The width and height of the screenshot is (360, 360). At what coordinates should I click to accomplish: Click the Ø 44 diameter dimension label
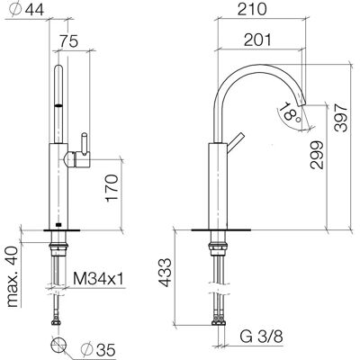pos(26,9)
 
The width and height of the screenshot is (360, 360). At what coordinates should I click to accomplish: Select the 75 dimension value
pos(68,41)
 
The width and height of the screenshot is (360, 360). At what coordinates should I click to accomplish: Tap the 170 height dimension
pos(112,188)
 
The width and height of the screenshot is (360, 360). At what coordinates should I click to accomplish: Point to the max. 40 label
pos(13,277)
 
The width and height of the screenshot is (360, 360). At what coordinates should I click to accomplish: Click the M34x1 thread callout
pos(98,279)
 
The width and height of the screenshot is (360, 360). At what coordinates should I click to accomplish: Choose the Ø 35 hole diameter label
pos(98,349)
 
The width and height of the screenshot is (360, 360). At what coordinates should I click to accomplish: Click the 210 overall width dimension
pos(252,9)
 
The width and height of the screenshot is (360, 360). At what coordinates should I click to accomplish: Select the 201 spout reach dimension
pos(257,40)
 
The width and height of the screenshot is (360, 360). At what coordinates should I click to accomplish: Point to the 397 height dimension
pos(340,117)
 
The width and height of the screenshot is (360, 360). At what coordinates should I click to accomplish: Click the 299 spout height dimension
pos(317,155)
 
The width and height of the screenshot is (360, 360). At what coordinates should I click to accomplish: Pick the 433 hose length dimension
pos(165,273)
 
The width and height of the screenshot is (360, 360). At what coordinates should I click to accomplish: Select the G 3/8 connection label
pos(261,337)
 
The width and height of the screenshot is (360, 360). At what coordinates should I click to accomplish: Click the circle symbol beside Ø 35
pos(58,344)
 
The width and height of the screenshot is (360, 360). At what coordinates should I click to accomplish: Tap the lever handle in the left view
pos(85,144)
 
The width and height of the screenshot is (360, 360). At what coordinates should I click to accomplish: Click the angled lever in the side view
pos(234,140)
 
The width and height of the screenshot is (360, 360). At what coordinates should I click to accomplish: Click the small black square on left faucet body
pos(58,224)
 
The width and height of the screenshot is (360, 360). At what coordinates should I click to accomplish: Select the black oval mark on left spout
pos(58,105)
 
